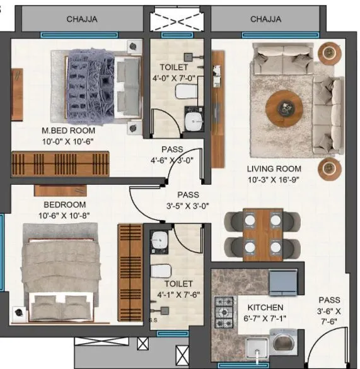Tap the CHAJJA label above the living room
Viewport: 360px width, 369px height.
[265, 19]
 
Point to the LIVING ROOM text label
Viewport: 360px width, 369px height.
[274, 168]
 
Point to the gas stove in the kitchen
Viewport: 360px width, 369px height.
[224, 308]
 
